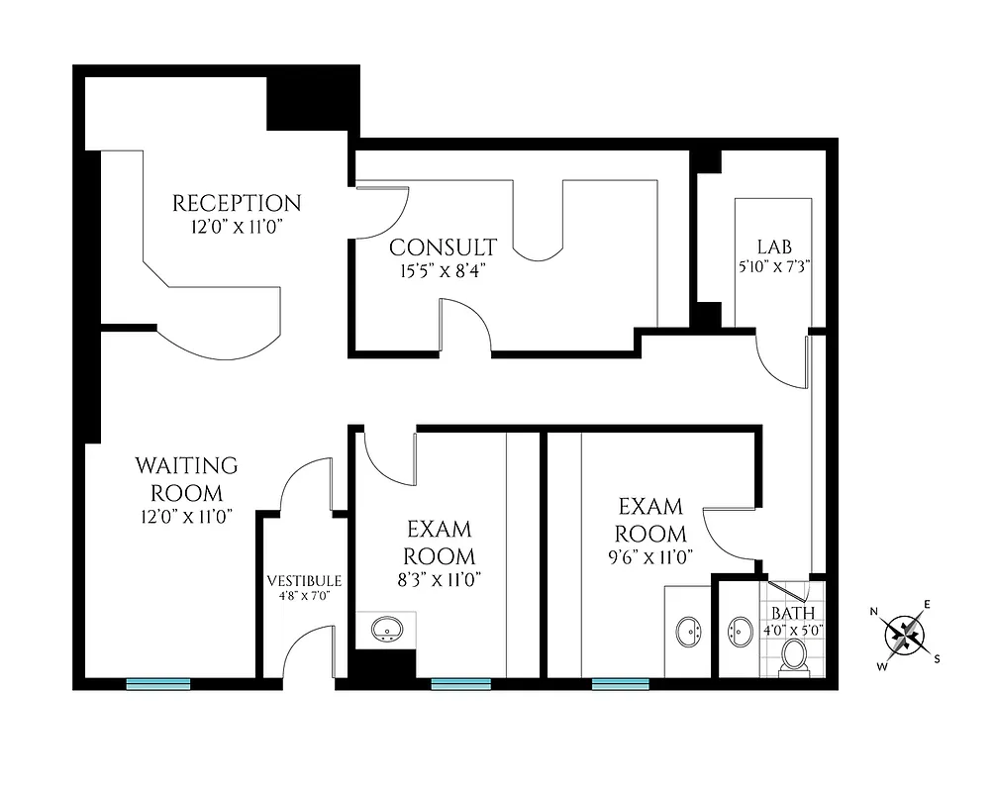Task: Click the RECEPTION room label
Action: tap(237, 204)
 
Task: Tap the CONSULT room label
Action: tap(443, 247)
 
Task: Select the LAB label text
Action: tap(775, 247)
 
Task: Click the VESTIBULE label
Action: tap(304, 581)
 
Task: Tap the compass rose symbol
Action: tap(904, 634)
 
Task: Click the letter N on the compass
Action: tap(875, 611)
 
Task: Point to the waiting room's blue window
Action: tap(158, 683)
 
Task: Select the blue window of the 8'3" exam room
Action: tap(461, 683)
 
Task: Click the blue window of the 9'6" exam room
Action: tap(621, 683)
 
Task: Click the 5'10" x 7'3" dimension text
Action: tap(775, 265)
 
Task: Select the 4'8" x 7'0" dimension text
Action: tap(304, 596)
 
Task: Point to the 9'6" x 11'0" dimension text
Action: tap(650, 556)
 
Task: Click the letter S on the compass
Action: tap(938, 657)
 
